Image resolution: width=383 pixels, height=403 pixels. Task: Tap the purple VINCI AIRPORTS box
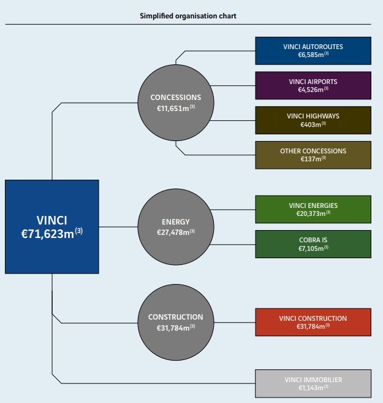[313, 85]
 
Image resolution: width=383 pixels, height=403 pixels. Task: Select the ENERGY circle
[175, 227]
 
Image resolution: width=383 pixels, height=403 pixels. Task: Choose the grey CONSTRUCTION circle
[175, 322]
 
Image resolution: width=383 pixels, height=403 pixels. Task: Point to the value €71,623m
[49, 234]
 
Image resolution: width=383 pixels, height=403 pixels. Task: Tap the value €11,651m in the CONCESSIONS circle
[173, 109]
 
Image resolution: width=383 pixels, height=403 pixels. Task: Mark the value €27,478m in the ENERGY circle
[173, 233]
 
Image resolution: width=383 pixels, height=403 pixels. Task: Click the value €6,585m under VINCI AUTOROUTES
[311, 55]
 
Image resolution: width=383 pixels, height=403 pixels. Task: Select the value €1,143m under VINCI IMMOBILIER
[311, 388]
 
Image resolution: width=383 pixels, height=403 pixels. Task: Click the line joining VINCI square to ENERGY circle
[118, 227]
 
